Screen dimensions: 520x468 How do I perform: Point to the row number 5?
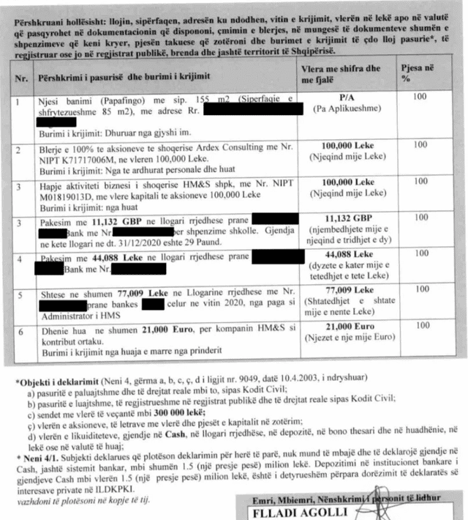click(23, 289)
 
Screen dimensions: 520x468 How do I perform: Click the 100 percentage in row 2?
click(420, 145)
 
